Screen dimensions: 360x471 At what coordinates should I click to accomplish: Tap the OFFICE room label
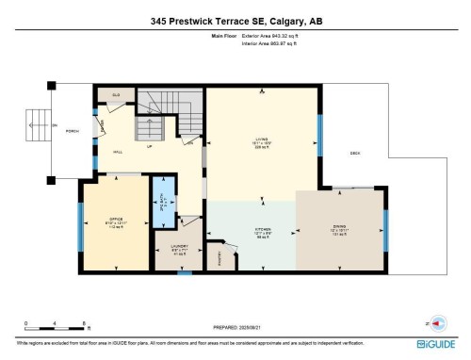tap(117, 219)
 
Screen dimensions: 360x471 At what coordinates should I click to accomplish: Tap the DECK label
tap(355, 153)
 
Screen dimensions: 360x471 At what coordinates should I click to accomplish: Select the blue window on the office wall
tap(80, 226)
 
